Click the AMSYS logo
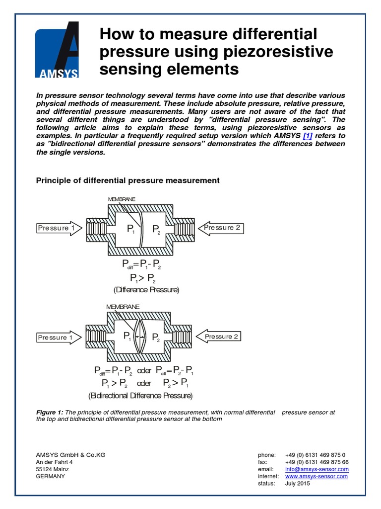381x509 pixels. pos(57,50)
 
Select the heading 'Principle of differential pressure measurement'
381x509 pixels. pos(127,180)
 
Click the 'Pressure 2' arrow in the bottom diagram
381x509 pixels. pos(220,337)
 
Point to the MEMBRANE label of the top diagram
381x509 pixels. pos(122,199)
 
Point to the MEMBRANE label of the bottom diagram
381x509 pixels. pos(123,307)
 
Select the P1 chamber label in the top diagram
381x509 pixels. pos(130,229)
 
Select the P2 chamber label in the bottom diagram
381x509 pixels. pos(155,338)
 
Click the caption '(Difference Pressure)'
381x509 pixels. pos(146,289)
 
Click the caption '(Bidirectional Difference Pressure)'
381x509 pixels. pos(140,396)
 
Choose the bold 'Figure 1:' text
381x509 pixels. pos(50,413)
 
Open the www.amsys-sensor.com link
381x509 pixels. pos(317,476)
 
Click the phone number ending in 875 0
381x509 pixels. pos(315,455)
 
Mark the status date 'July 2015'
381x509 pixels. pos(298,483)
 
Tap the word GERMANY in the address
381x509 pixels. pos(51,476)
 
